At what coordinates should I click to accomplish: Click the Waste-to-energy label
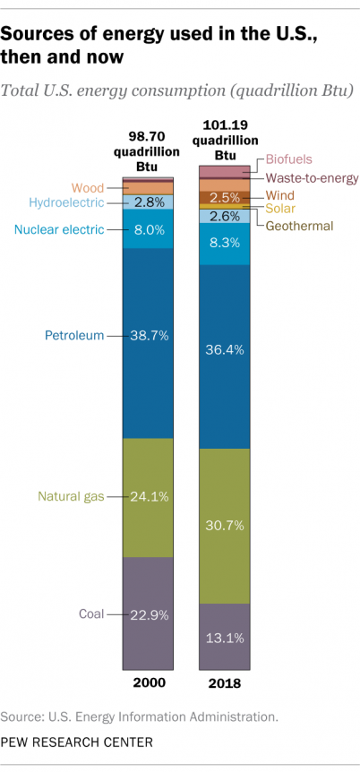[x=311, y=177]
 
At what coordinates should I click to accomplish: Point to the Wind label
[x=281, y=194]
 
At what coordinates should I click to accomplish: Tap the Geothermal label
[x=299, y=226]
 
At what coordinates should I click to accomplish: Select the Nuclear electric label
[x=58, y=230]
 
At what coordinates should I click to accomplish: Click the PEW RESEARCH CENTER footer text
[x=77, y=742]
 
